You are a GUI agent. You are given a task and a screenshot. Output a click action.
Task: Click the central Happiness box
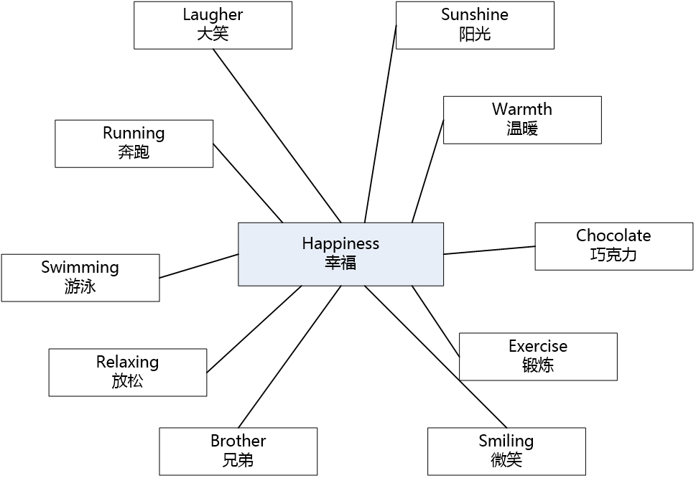[340, 253]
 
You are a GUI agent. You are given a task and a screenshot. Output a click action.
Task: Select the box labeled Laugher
[213, 25]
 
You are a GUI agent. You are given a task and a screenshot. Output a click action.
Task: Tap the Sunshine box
[475, 25]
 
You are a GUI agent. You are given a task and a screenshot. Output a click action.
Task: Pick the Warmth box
[522, 120]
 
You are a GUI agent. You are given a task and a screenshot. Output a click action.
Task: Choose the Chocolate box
[613, 246]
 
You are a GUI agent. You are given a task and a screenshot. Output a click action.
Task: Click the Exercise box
[538, 356]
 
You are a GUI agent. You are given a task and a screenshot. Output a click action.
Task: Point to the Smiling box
[506, 451]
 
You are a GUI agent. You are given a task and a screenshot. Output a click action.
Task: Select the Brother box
[238, 451]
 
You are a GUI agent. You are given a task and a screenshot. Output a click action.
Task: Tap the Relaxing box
[127, 372]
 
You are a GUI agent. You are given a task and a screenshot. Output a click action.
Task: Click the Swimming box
[80, 277]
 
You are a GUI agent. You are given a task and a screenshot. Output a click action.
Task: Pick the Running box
[134, 144]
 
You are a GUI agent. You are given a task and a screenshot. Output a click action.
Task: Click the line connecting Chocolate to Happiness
[489, 250]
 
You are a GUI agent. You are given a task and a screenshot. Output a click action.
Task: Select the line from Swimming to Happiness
[199, 266]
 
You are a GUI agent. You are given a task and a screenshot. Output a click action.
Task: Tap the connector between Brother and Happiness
[289, 356]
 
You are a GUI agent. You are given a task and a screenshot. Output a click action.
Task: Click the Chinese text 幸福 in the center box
[340, 263]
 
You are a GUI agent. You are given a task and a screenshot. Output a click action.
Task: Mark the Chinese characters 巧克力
[613, 255]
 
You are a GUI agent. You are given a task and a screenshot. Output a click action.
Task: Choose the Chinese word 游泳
[80, 286]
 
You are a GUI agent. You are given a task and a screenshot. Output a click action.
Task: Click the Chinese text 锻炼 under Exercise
[538, 365]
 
